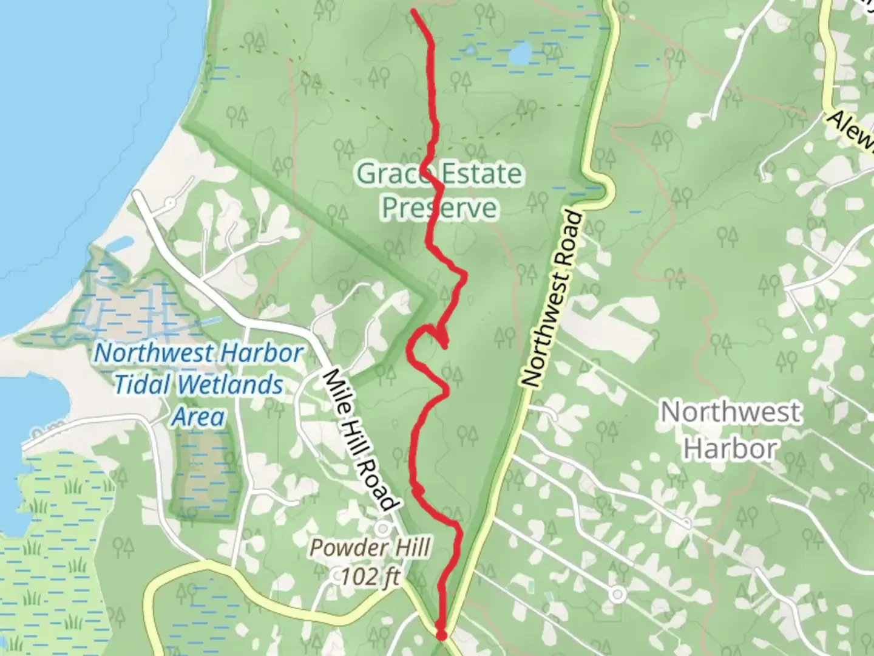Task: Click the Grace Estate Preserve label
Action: [x=439, y=191]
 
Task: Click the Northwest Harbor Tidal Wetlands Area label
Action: [x=198, y=384]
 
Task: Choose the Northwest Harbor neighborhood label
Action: [x=730, y=430]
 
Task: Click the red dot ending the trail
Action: [x=441, y=635]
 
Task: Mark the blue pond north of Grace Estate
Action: [x=520, y=55]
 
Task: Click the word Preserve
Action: [x=439, y=208]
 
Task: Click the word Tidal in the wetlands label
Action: [x=143, y=385]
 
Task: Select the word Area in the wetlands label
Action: [x=198, y=417]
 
